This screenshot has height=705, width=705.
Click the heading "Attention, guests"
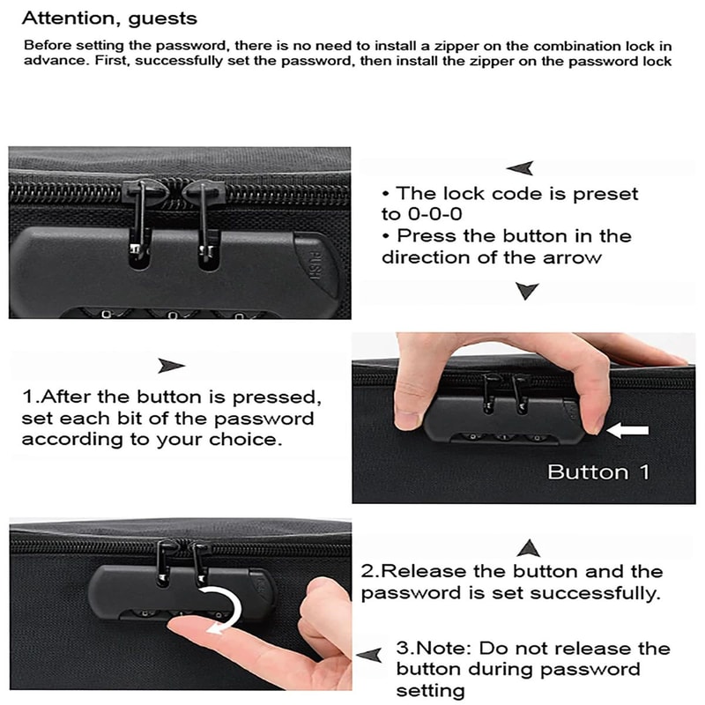click(109, 18)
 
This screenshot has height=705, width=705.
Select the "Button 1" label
click(597, 472)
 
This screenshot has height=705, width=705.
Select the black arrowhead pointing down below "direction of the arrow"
click(526, 291)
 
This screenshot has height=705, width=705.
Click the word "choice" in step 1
click(249, 439)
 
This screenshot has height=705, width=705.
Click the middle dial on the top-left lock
click(167, 311)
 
